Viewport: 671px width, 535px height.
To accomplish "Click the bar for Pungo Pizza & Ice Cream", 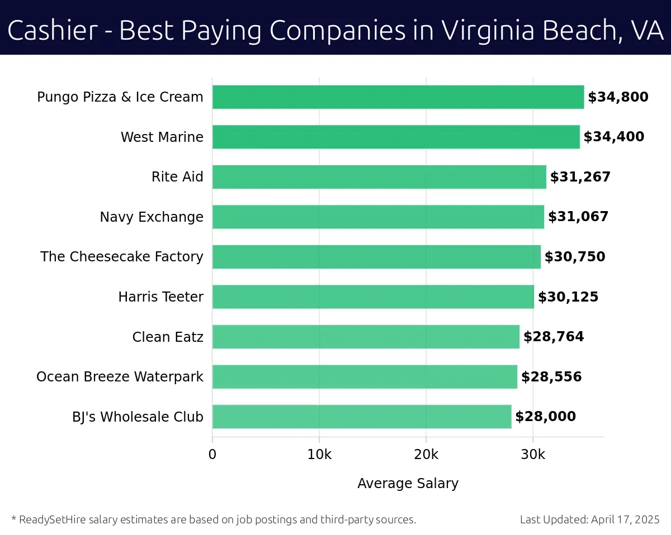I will click(398, 97).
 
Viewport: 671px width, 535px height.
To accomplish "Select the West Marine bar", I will click(396, 137).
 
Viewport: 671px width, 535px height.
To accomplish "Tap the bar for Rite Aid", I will click(379, 177).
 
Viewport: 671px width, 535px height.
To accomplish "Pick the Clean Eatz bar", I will click(366, 337).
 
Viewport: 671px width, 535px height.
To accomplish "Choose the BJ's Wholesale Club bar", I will click(362, 417).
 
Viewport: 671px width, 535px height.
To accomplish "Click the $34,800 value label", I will click(618, 97).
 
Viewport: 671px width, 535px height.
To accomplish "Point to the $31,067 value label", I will click(578, 217).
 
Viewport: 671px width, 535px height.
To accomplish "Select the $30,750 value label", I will click(575, 257).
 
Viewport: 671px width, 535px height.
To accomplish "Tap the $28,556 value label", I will click(551, 377).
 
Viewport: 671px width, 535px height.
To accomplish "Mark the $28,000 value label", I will click(545, 417).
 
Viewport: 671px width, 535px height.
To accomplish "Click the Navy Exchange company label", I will click(152, 217).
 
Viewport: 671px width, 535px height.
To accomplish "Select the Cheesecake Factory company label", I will click(122, 257).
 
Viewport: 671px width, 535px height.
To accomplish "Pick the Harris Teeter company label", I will click(161, 297).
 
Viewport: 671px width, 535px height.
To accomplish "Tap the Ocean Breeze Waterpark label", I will click(120, 377).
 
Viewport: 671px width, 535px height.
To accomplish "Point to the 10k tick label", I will click(319, 455).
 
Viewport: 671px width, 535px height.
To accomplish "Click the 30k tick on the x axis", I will click(533, 455).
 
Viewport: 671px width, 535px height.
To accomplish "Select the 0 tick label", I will click(212, 455).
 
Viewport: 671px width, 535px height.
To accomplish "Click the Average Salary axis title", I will click(408, 484).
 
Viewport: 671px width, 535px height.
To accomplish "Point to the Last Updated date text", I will click(590, 519).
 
